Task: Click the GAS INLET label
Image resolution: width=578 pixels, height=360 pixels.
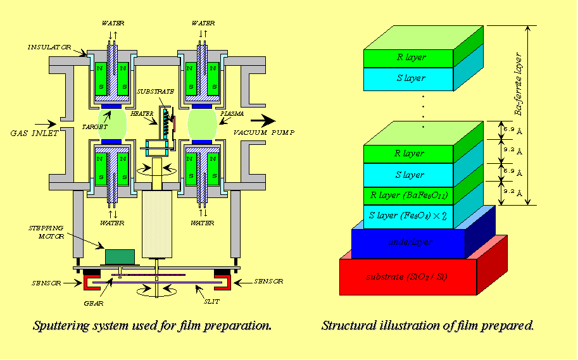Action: [x=33, y=133]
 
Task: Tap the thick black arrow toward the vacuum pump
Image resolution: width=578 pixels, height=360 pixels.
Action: [x=260, y=119]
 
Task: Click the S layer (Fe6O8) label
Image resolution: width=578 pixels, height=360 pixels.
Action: [x=408, y=216]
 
